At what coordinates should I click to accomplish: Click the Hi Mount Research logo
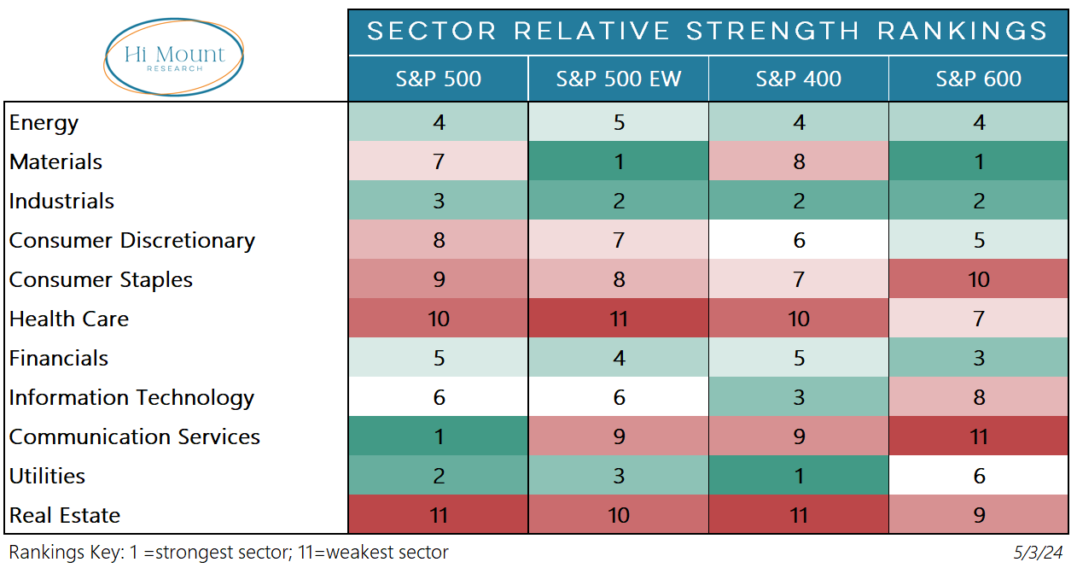(174, 56)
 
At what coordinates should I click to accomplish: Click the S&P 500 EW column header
(619, 79)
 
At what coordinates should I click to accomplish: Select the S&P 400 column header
(799, 79)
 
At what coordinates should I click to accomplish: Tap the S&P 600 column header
(978, 79)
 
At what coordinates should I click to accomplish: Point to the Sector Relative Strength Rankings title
(707, 32)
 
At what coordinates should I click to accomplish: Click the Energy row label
(44, 123)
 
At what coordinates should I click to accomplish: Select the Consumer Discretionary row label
(132, 241)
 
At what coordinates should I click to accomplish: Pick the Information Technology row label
(132, 398)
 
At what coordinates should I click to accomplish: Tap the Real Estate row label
(65, 516)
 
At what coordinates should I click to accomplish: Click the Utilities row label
(48, 477)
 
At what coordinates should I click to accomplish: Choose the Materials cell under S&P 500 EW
(619, 161)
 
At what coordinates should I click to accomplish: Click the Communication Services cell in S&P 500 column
(439, 436)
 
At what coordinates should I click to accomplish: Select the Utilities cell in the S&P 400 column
(799, 476)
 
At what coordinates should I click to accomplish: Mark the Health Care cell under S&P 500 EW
(619, 319)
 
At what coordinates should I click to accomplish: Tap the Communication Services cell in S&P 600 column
(978, 436)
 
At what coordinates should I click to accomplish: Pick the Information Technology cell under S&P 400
(799, 397)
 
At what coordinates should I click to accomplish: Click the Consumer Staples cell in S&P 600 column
(978, 279)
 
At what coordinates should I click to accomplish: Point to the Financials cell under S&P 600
(978, 358)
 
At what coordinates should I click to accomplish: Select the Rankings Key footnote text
(229, 553)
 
